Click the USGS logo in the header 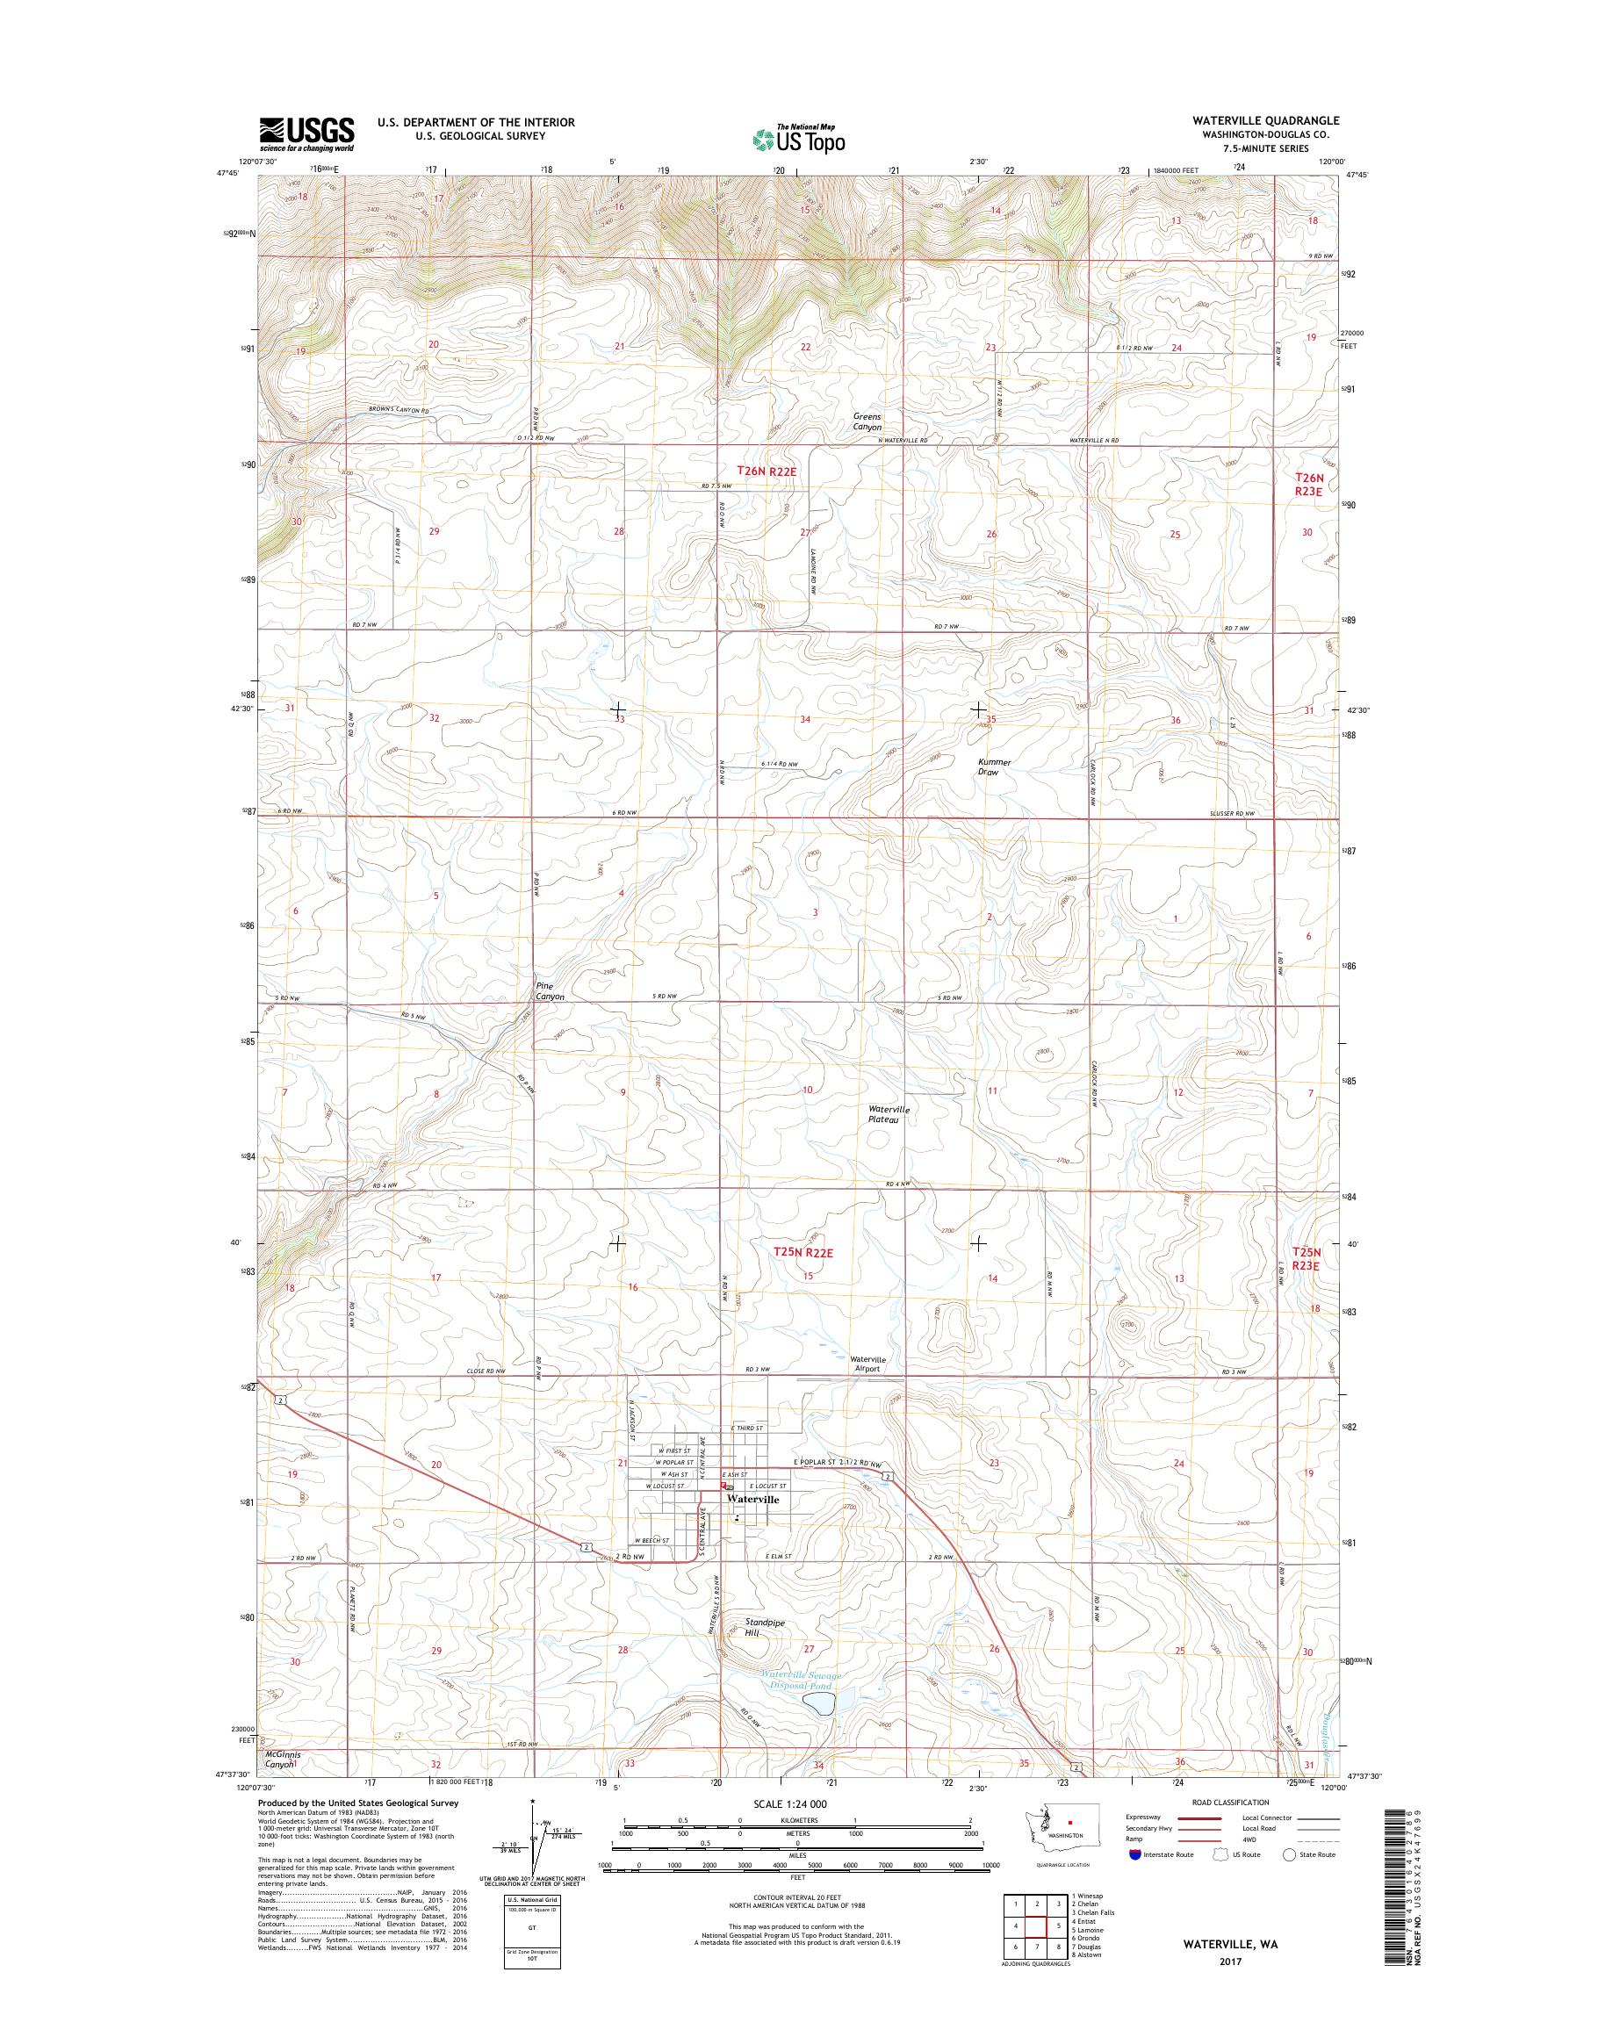point(307,133)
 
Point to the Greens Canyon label point(867,422)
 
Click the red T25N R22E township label point(803,1251)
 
